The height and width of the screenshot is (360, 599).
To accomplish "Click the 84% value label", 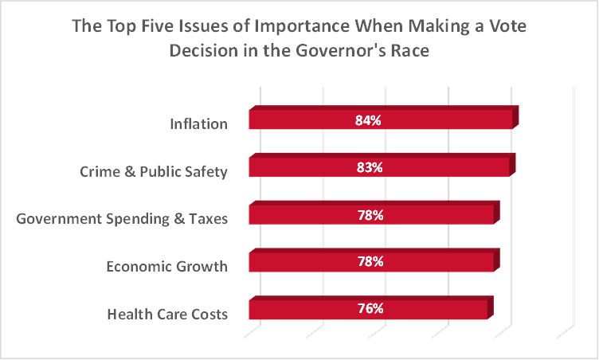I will click(x=369, y=121).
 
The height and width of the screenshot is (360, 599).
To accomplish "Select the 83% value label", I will click(x=369, y=168).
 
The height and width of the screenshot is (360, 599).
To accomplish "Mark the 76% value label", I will click(x=369, y=309).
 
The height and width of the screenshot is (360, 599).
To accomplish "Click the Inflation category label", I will click(x=198, y=124).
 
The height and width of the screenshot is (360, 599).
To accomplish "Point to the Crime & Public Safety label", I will click(x=154, y=172).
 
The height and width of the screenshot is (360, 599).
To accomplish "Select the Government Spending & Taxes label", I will click(x=123, y=219).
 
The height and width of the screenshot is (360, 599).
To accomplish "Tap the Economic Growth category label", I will click(x=166, y=267).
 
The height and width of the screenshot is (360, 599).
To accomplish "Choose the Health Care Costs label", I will click(x=166, y=314).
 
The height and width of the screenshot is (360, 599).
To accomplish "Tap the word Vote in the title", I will click(x=507, y=26).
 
